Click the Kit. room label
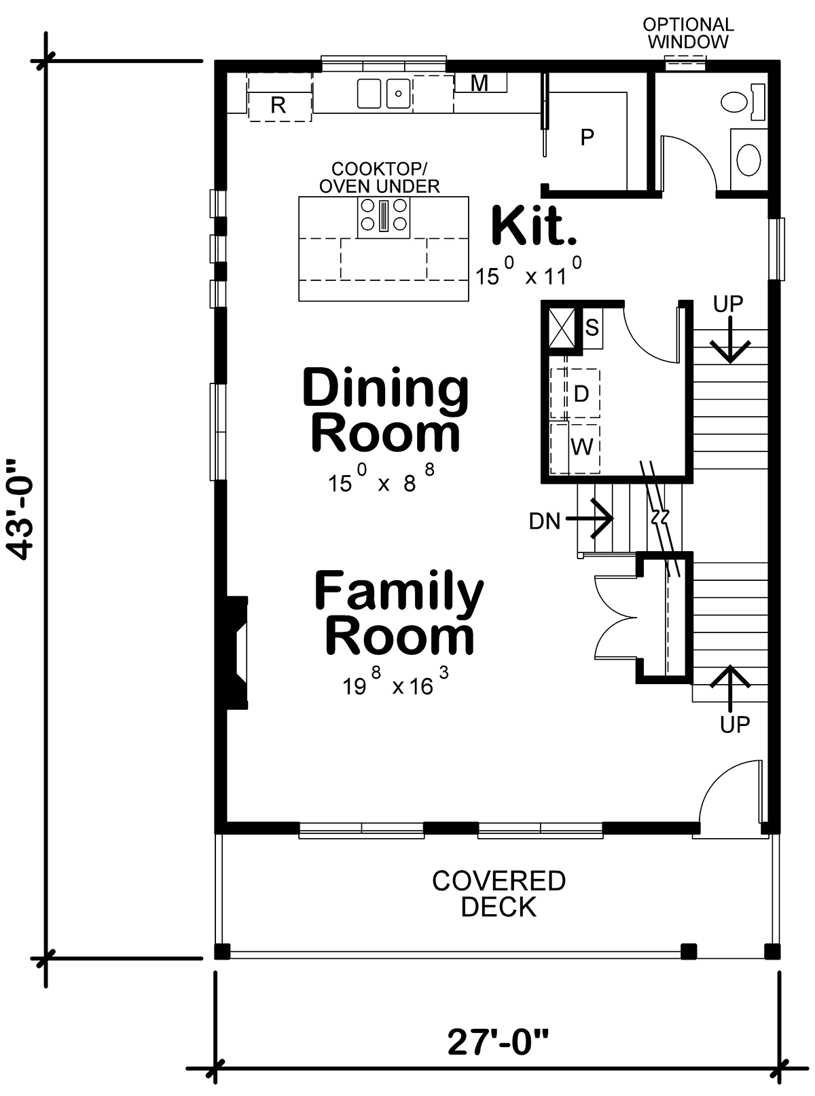coord(534,226)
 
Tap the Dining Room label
coord(385,410)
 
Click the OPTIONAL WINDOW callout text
coord(688,33)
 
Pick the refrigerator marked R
coord(280,97)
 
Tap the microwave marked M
coord(479,83)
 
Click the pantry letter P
coord(587,137)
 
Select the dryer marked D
coord(581,394)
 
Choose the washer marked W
coord(581,447)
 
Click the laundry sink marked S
coord(592,328)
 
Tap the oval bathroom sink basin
coord(748,159)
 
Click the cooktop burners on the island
coord(384,215)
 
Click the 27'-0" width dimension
coord(498,1041)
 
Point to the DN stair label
coord(545,521)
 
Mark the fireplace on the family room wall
coord(237,653)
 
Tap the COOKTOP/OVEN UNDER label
coord(379,177)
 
